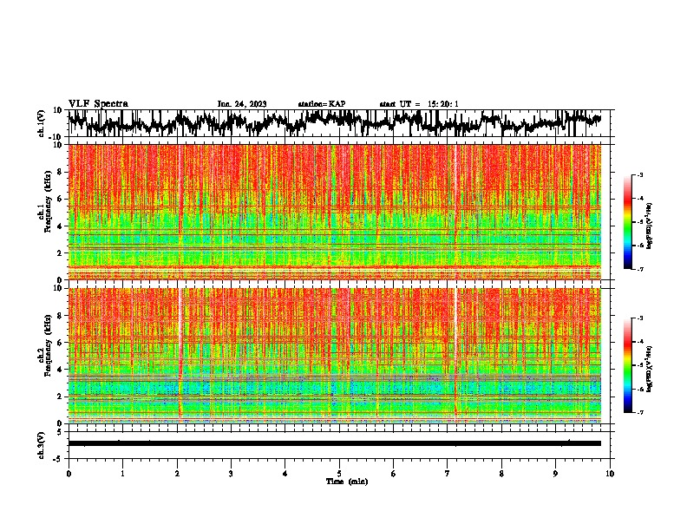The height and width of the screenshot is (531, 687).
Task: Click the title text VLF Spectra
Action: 98,104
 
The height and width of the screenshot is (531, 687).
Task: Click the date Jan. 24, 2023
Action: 242,104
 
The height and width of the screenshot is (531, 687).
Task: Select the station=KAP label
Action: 322,104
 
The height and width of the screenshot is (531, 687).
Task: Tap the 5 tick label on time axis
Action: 339,473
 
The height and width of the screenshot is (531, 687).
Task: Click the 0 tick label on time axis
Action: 69,473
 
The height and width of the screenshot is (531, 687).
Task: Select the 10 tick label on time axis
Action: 610,473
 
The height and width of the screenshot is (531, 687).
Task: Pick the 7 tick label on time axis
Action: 448,473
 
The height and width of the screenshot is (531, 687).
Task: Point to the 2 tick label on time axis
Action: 177,473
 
